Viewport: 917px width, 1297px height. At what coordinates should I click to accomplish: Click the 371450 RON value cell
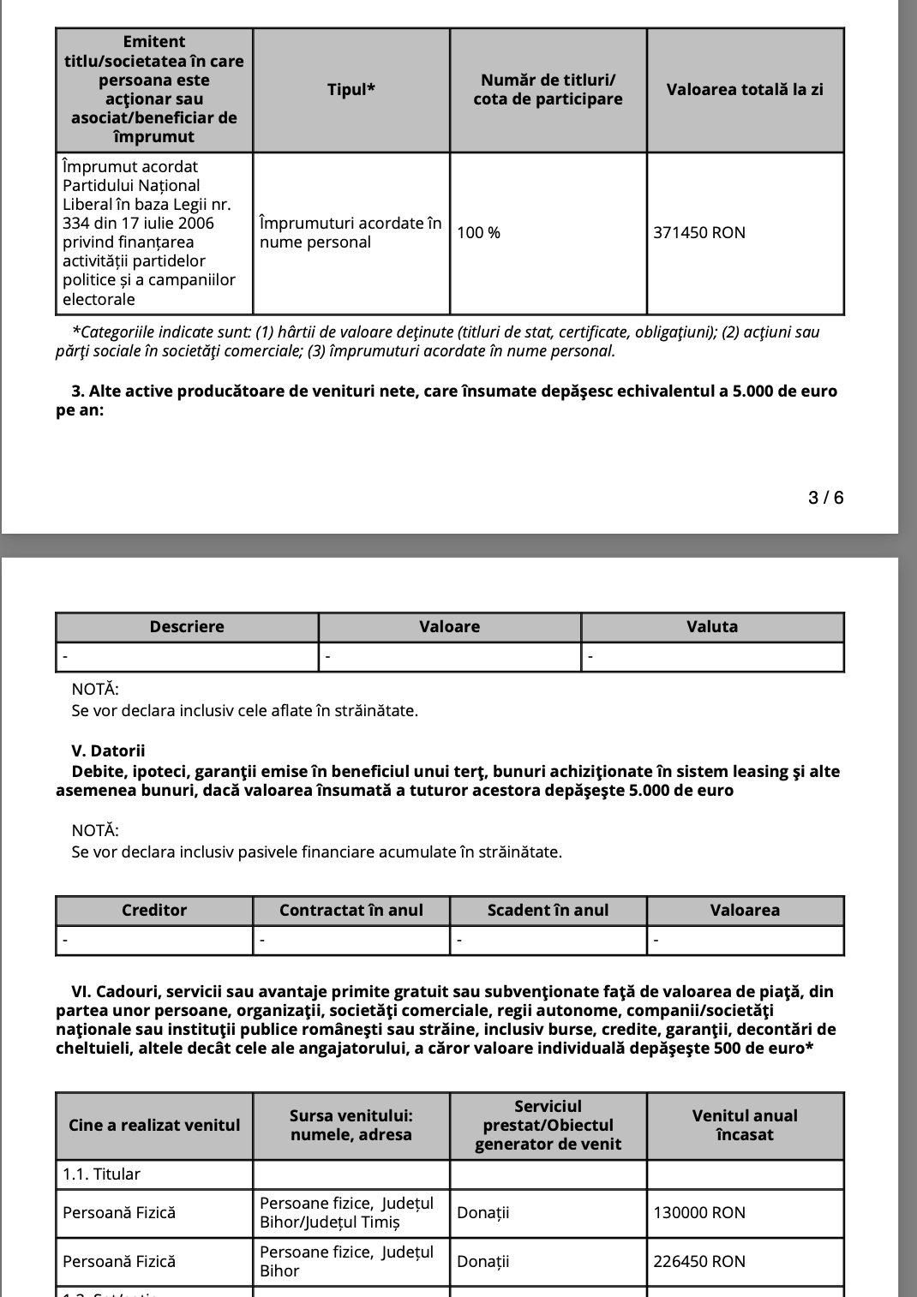tap(699, 233)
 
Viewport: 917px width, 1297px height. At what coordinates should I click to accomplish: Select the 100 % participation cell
tap(479, 233)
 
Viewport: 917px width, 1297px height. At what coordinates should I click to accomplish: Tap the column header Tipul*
tap(351, 90)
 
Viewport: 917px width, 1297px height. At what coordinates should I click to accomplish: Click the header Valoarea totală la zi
tap(745, 90)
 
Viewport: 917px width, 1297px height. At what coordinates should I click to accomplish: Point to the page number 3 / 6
tap(825, 498)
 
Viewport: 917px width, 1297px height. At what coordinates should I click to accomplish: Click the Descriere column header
tap(187, 627)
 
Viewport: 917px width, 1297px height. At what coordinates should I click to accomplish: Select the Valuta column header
tap(712, 627)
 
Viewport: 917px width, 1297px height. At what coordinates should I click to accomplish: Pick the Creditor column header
tap(154, 911)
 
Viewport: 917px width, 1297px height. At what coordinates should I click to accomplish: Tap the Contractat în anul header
tap(351, 911)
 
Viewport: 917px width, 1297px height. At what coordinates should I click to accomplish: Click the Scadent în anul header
tap(548, 911)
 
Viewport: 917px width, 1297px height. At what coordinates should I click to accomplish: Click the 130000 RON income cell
tap(699, 1213)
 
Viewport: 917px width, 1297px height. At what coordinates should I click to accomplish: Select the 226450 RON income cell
tap(699, 1262)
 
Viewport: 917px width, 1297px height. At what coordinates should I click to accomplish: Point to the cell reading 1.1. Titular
tap(101, 1174)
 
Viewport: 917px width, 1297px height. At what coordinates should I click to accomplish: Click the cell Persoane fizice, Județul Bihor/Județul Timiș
tap(346, 1213)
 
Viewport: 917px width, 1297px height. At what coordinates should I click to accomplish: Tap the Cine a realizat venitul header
tap(154, 1126)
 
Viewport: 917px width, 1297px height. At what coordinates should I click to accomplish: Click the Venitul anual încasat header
tap(745, 1126)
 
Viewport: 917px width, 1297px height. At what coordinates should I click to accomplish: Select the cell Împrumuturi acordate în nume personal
tap(351, 233)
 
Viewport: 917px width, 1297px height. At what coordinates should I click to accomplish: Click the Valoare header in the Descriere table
tap(450, 627)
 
